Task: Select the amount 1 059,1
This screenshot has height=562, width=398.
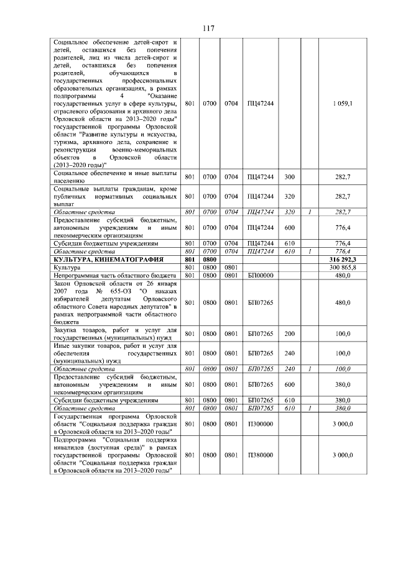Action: coord(342,102)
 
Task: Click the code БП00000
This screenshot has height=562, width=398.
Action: coord(260,274)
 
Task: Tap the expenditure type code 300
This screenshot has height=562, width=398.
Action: coord(289,177)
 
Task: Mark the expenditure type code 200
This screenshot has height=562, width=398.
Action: coord(289,333)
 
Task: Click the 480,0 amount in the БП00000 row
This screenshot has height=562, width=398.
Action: coord(342,274)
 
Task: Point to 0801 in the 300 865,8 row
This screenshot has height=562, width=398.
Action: coord(232,266)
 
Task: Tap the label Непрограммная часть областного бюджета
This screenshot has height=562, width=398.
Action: coord(112,274)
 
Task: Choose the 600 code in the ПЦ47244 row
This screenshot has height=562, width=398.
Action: coord(289,228)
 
